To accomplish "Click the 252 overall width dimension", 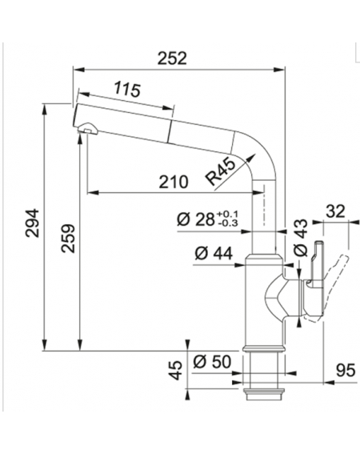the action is pos(172,58).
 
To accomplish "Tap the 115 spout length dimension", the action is pos(127,89).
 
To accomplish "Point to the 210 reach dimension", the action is pos(174,182).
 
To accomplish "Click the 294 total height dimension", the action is pos(32,223).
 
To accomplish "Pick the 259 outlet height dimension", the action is pos(68,239).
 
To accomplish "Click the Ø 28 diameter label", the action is pos(196,219).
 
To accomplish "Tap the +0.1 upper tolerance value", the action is pos(227,214).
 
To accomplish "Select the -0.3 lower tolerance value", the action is pos(227,223).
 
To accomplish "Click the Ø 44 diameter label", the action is pos(214,253).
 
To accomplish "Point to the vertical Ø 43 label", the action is pos(300,238).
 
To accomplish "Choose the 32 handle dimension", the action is pos(335,211).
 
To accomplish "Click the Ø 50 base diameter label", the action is pos(212,362).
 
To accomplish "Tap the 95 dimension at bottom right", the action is pos(346,370).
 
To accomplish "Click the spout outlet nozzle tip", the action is pos(87,128).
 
